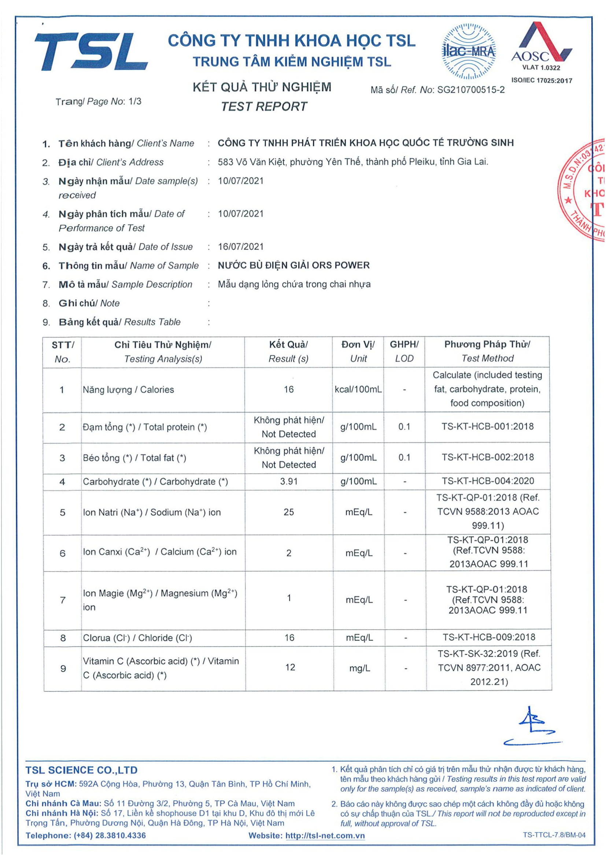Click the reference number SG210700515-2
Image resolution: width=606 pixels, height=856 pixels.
tap(470, 90)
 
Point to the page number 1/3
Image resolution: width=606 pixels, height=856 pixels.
tap(135, 101)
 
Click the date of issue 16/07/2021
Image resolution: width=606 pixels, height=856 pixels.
tap(241, 247)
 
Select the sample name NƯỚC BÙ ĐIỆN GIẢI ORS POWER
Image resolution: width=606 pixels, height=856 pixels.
tap(294, 265)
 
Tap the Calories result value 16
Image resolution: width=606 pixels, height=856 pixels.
tap(288, 390)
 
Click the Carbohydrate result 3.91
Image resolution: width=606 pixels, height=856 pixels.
tap(289, 482)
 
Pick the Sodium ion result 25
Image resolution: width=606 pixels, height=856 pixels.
tap(288, 512)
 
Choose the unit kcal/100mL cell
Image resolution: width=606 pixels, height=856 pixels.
tap(358, 390)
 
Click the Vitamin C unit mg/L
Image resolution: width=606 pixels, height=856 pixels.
tap(359, 669)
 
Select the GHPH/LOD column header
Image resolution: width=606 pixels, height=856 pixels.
tap(404, 351)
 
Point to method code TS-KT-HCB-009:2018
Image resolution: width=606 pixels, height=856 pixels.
tap(489, 637)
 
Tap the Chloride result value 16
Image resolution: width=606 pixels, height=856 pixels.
tap(289, 638)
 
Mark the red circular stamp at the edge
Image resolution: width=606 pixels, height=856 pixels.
tap(584, 190)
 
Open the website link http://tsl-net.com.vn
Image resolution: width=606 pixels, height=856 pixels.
tap(325, 836)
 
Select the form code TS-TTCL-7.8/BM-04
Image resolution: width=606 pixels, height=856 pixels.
tap(554, 835)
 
